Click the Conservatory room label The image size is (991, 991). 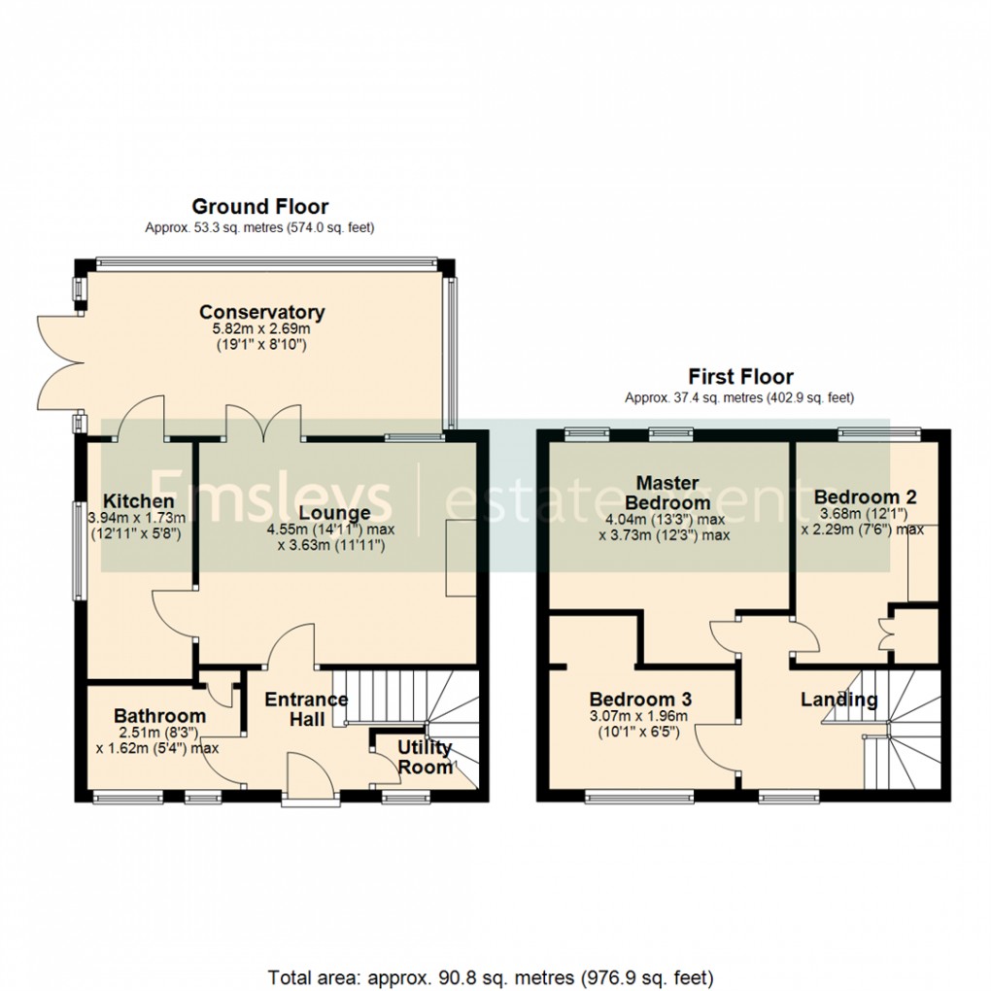[x=261, y=312]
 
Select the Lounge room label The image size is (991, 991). [x=334, y=513]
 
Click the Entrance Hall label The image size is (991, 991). [x=306, y=708]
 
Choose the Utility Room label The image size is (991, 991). [x=425, y=757]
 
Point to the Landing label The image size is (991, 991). [x=838, y=699]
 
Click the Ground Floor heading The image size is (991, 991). [x=259, y=206]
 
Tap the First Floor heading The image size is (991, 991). [x=740, y=376]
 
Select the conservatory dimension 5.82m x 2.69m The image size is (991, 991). [x=261, y=329]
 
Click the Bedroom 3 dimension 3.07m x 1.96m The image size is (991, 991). [x=638, y=717]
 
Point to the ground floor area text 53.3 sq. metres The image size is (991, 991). [x=259, y=227]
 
